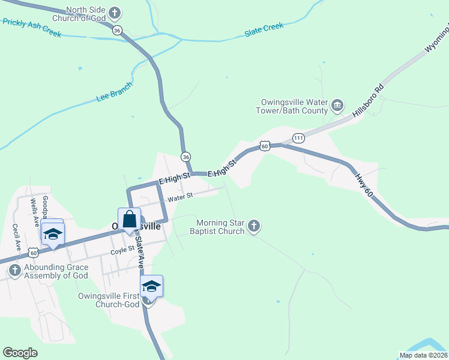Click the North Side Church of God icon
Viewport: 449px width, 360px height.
pyautogui.click(x=115, y=13)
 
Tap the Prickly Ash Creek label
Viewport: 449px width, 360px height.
pyautogui.click(x=31, y=28)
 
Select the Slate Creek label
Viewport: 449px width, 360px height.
pyautogui.click(x=264, y=31)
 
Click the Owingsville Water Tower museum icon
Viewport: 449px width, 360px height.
pyautogui.click(x=337, y=106)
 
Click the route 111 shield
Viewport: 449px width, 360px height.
pyautogui.click(x=298, y=139)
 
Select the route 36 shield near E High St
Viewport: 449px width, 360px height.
pyautogui.click(x=185, y=156)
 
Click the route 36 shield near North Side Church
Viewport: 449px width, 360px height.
pyautogui.click(x=118, y=30)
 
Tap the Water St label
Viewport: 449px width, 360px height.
pyautogui.click(x=180, y=196)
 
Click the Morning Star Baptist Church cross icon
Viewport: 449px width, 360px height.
pyautogui.click(x=254, y=226)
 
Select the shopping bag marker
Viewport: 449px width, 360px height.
pyautogui.click(x=130, y=220)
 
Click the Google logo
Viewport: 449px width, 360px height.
pyautogui.click(x=20, y=353)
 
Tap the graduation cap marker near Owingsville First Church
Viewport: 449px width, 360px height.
pyautogui.click(x=152, y=287)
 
